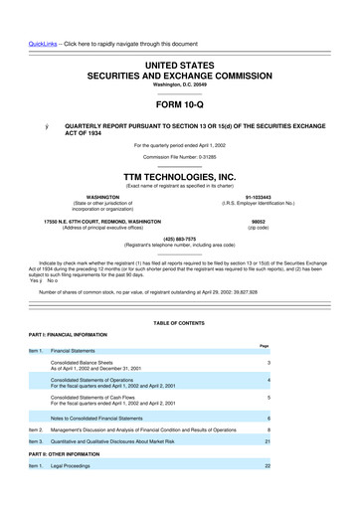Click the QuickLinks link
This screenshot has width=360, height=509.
pos(24,16)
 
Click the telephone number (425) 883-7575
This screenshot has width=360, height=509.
pos(180,238)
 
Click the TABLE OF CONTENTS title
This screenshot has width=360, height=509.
pos(180,324)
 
